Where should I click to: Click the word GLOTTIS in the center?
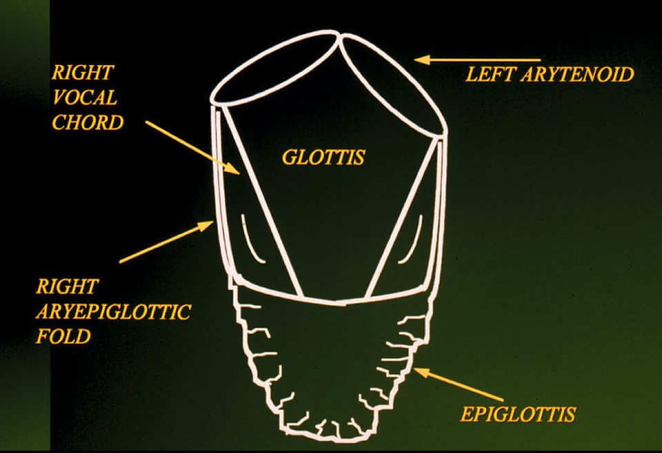point(323,157)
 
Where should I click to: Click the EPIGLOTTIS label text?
point(518,414)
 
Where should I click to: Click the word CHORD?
point(87,122)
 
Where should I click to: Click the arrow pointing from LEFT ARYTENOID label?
point(476,60)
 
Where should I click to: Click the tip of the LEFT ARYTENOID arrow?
point(417,60)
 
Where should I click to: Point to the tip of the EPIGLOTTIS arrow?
point(415,370)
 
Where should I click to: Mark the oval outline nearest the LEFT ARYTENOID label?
point(393,83)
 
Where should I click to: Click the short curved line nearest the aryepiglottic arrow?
point(254,240)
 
